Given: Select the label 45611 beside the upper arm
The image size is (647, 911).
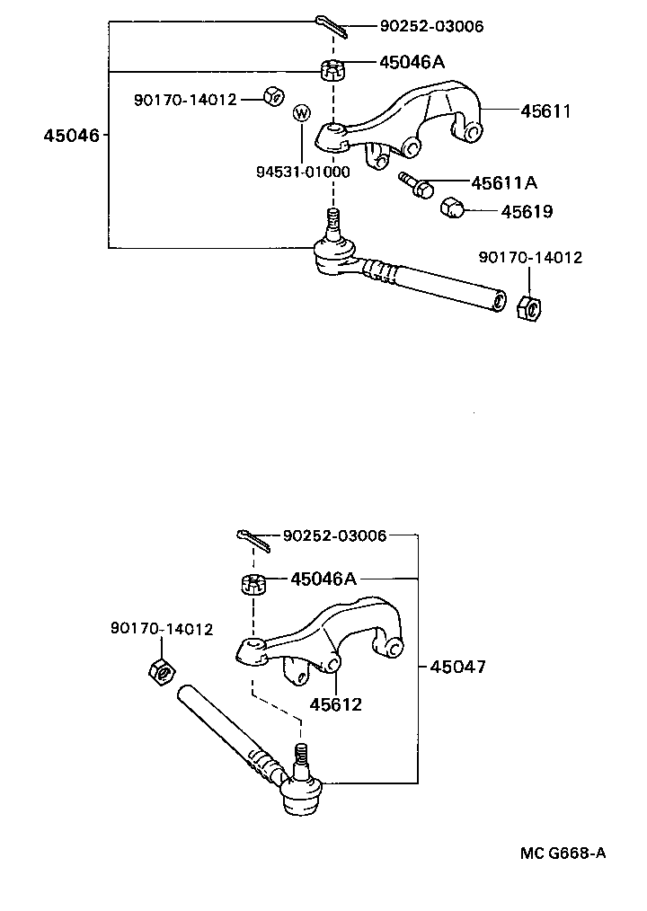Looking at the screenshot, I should (545, 111).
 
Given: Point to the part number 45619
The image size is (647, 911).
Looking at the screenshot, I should (526, 213).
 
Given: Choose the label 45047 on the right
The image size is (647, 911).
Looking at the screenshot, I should (457, 667).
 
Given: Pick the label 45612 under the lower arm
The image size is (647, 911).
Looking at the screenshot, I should (336, 704).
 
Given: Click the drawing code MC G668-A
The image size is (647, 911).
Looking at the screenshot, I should (562, 852).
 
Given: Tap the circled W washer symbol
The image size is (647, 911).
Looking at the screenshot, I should (302, 113).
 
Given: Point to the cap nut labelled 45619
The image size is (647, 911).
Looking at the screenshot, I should (452, 209).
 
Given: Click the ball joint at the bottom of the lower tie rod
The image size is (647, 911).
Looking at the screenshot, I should (300, 794).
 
